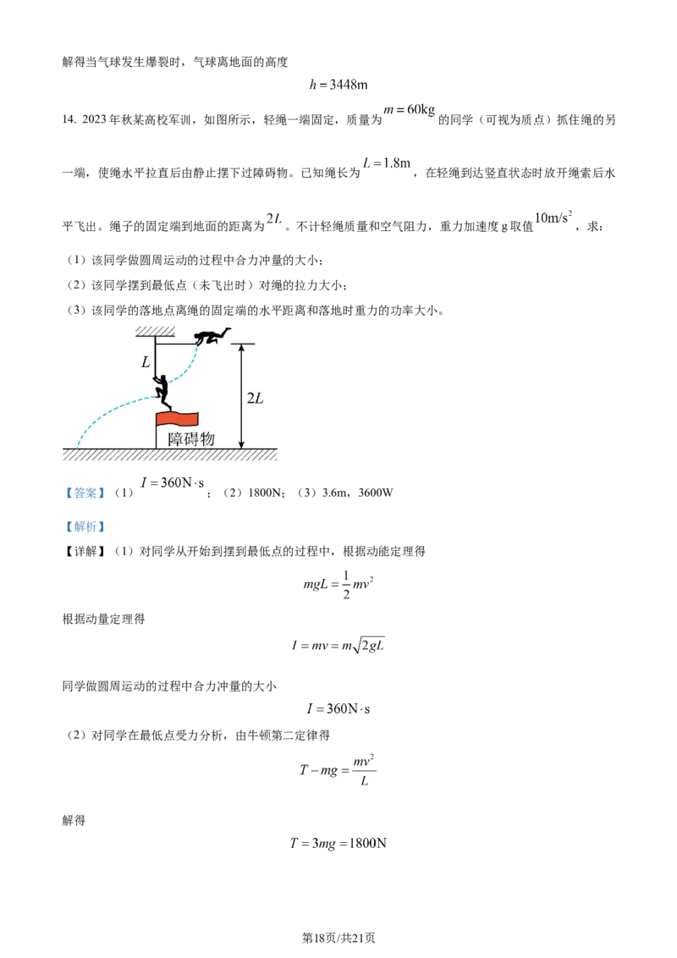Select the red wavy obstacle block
coord(176,418)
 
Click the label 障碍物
coord(190,438)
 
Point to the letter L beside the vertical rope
coord(146,362)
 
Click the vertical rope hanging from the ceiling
coord(156,360)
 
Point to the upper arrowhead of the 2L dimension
coord(242,348)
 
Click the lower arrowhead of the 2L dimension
coord(242,443)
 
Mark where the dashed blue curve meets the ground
coord(78,446)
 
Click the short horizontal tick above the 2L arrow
coord(242,344)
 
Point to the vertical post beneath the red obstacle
coord(156,437)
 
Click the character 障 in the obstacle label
coord(176,438)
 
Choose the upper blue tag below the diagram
coord(85,493)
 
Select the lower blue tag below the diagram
coord(85,527)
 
